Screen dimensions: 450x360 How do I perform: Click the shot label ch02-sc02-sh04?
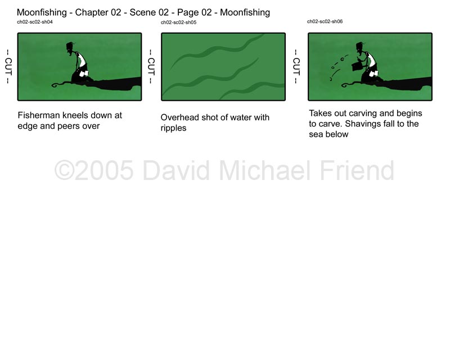tap(35, 22)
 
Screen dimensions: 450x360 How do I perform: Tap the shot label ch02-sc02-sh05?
tap(178, 22)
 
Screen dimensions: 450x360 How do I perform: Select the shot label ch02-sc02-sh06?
tap(325, 21)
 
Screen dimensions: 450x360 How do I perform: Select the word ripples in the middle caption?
tap(173, 128)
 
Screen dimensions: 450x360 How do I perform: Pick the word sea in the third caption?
tap(314, 134)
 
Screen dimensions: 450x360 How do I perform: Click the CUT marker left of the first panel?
tap(8, 66)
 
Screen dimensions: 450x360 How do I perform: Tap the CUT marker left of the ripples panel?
tap(151, 66)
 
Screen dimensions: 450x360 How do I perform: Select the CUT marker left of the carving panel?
tap(296, 66)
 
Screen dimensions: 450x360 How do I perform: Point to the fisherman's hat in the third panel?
tap(360, 46)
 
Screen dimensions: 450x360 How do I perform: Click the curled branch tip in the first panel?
tap(55, 85)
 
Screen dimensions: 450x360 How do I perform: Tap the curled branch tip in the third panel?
tap(345, 85)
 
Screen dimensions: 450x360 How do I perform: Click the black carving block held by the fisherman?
tap(357, 66)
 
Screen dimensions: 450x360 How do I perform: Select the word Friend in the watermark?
tap(357, 170)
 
